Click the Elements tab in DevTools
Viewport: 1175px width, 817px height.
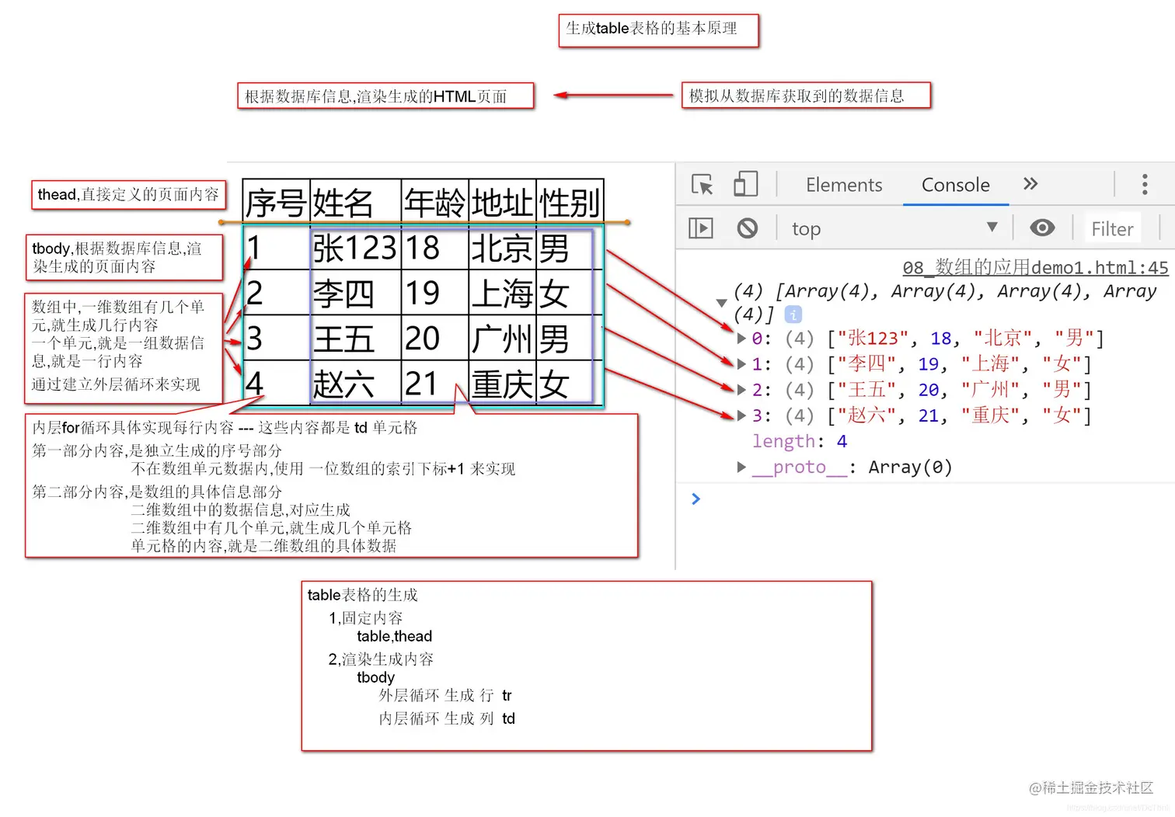(844, 185)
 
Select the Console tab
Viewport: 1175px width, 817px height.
(955, 185)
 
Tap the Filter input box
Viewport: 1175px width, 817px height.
(1112, 229)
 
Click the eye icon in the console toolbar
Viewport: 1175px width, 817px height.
(1042, 228)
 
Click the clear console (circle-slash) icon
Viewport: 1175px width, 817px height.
(747, 228)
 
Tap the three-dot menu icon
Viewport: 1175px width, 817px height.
(1144, 184)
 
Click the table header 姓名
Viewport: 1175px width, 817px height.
(343, 203)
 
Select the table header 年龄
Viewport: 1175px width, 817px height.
(434, 203)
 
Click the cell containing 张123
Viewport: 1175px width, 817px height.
(354, 249)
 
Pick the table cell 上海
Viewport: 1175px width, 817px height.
(503, 294)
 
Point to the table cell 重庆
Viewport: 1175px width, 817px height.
(503, 384)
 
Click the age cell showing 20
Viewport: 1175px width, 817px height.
(422, 339)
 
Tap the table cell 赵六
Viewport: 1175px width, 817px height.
(343, 384)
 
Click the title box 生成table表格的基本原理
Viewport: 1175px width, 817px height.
(658, 30)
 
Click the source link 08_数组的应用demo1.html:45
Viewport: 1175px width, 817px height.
(1034, 268)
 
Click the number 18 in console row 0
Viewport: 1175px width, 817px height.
(940, 339)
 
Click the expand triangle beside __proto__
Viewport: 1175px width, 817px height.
(741, 467)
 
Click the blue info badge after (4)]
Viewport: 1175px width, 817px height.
(793, 315)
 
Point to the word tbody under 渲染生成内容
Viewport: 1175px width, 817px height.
(375, 677)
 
